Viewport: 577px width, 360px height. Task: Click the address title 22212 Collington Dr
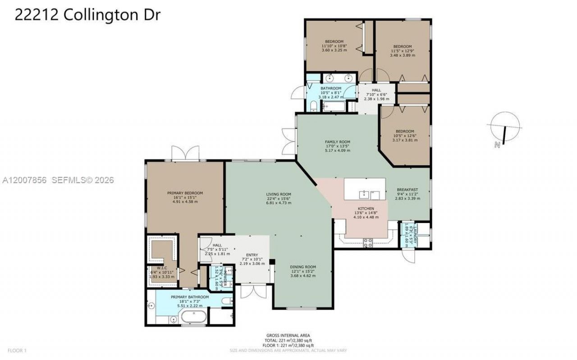pos(87,14)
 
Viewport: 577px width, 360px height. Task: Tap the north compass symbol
pos(505,128)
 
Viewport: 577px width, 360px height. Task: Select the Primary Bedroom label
pos(185,193)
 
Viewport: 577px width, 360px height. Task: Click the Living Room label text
pos(279,195)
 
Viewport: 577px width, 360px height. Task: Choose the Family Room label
pos(338,142)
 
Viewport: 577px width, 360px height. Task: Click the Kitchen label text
pos(366,209)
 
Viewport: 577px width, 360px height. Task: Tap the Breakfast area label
pos(407,190)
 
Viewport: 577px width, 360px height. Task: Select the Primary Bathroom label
pos(189,297)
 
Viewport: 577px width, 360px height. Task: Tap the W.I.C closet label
pos(162,268)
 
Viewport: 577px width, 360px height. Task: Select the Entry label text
pos(252,255)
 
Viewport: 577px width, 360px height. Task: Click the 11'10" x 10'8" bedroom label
pos(334,42)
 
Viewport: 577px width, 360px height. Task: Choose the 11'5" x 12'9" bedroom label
pos(402,47)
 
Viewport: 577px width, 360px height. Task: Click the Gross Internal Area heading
pos(288,336)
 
